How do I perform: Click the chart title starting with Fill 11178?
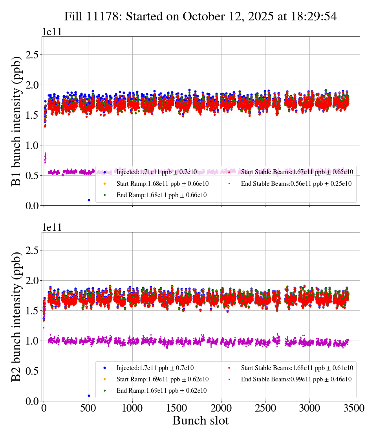pyautogui.click(x=201, y=16)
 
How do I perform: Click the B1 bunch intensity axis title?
pyautogui.click(x=16, y=121)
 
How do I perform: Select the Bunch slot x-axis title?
pyautogui.click(x=200, y=421)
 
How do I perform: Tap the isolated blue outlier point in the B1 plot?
pyautogui.click(x=89, y=200)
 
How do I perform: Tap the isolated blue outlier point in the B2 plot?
pyautogui.click(x=89, y=395)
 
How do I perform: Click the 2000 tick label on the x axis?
pyautogui.click(x=221, y=408)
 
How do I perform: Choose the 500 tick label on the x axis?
pyautogui.click(x=88, y=408)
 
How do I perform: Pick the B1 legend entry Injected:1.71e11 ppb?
pyautogui.click(x=157, y=172)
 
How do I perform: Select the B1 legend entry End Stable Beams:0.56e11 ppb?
pyautogui.click(x=296, y=183)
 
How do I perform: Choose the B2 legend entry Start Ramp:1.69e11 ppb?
pyautogui.click(x=162, y=379)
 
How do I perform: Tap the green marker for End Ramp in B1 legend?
pyautogui.click(x=105, y=195)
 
